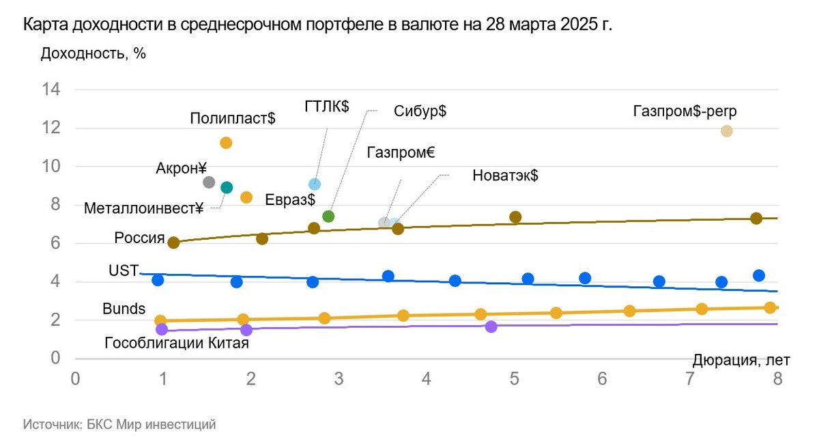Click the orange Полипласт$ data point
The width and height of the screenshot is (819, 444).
226,143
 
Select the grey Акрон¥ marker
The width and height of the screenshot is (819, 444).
210,182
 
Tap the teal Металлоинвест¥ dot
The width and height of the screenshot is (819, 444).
227,187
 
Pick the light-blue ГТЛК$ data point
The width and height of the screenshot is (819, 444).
315,184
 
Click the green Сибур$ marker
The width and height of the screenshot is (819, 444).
328,217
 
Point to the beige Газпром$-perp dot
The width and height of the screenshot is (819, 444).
726,131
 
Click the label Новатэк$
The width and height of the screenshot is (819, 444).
505,176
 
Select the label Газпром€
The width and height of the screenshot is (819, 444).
400,152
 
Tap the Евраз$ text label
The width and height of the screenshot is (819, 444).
289,199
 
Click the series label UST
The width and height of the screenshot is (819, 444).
123,270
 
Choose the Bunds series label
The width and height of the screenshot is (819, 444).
124,309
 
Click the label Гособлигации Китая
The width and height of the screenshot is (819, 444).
176,344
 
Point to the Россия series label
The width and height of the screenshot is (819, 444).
139,238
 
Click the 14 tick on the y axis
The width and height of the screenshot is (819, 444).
53,90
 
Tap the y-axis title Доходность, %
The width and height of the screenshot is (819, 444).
94,53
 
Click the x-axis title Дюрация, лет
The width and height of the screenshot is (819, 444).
741,360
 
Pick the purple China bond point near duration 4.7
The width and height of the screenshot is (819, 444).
491,327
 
